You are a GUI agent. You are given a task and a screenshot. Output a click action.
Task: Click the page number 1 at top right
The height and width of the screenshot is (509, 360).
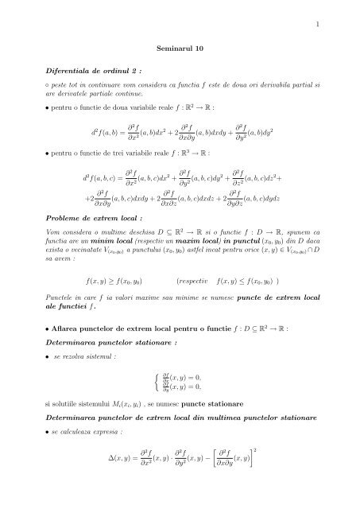pos(316,25)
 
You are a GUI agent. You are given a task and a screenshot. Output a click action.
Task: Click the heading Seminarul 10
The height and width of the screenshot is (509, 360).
pos(180,49)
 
